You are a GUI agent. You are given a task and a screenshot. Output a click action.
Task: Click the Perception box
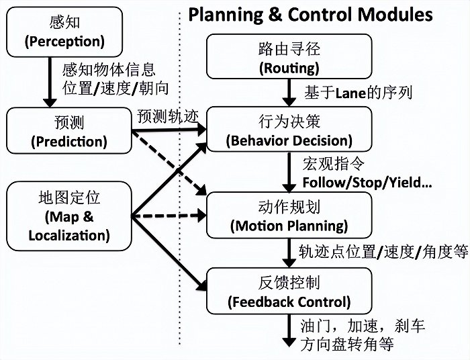[65, 32]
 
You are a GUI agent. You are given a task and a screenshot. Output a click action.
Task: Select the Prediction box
[68, 132]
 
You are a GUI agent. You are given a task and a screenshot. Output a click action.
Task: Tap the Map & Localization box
[68, 216]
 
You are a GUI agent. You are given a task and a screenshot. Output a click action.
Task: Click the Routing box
[289, 58]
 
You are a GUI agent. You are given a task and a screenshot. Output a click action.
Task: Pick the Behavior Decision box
[289, 131]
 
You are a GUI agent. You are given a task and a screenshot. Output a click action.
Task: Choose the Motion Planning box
[289, 216]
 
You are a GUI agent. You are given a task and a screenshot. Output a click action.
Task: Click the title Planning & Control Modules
[311, 14]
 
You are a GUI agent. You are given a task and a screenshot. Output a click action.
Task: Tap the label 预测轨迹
[169, 116]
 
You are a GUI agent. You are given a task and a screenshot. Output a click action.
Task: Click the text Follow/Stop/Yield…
[367, 183]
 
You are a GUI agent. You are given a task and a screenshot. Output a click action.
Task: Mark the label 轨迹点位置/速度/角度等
[383, 252]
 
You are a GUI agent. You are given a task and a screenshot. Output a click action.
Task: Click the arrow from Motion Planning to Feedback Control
[289, 253]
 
